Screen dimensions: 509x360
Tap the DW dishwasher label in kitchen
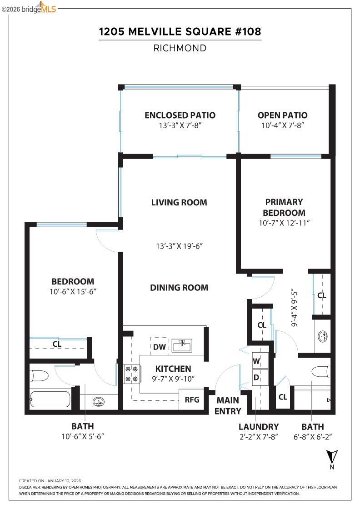[x=159, y=347]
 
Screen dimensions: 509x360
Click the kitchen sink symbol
[x=183, y=346]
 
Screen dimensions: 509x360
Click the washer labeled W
[x=256, y=361]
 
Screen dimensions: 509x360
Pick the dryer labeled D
[x=256, y=377]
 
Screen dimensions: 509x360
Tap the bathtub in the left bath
[x=50, y=399]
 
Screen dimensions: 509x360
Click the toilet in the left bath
[x=39, y=376]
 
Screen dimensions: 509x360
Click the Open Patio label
[x=282, y=115]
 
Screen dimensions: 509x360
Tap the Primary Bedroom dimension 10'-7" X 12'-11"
[x=284, y=223]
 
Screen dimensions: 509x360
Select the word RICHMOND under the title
[x=180, y=48]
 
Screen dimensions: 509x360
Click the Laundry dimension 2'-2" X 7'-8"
[x=259, y=437]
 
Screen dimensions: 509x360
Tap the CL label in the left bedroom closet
[x=57, y=344]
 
